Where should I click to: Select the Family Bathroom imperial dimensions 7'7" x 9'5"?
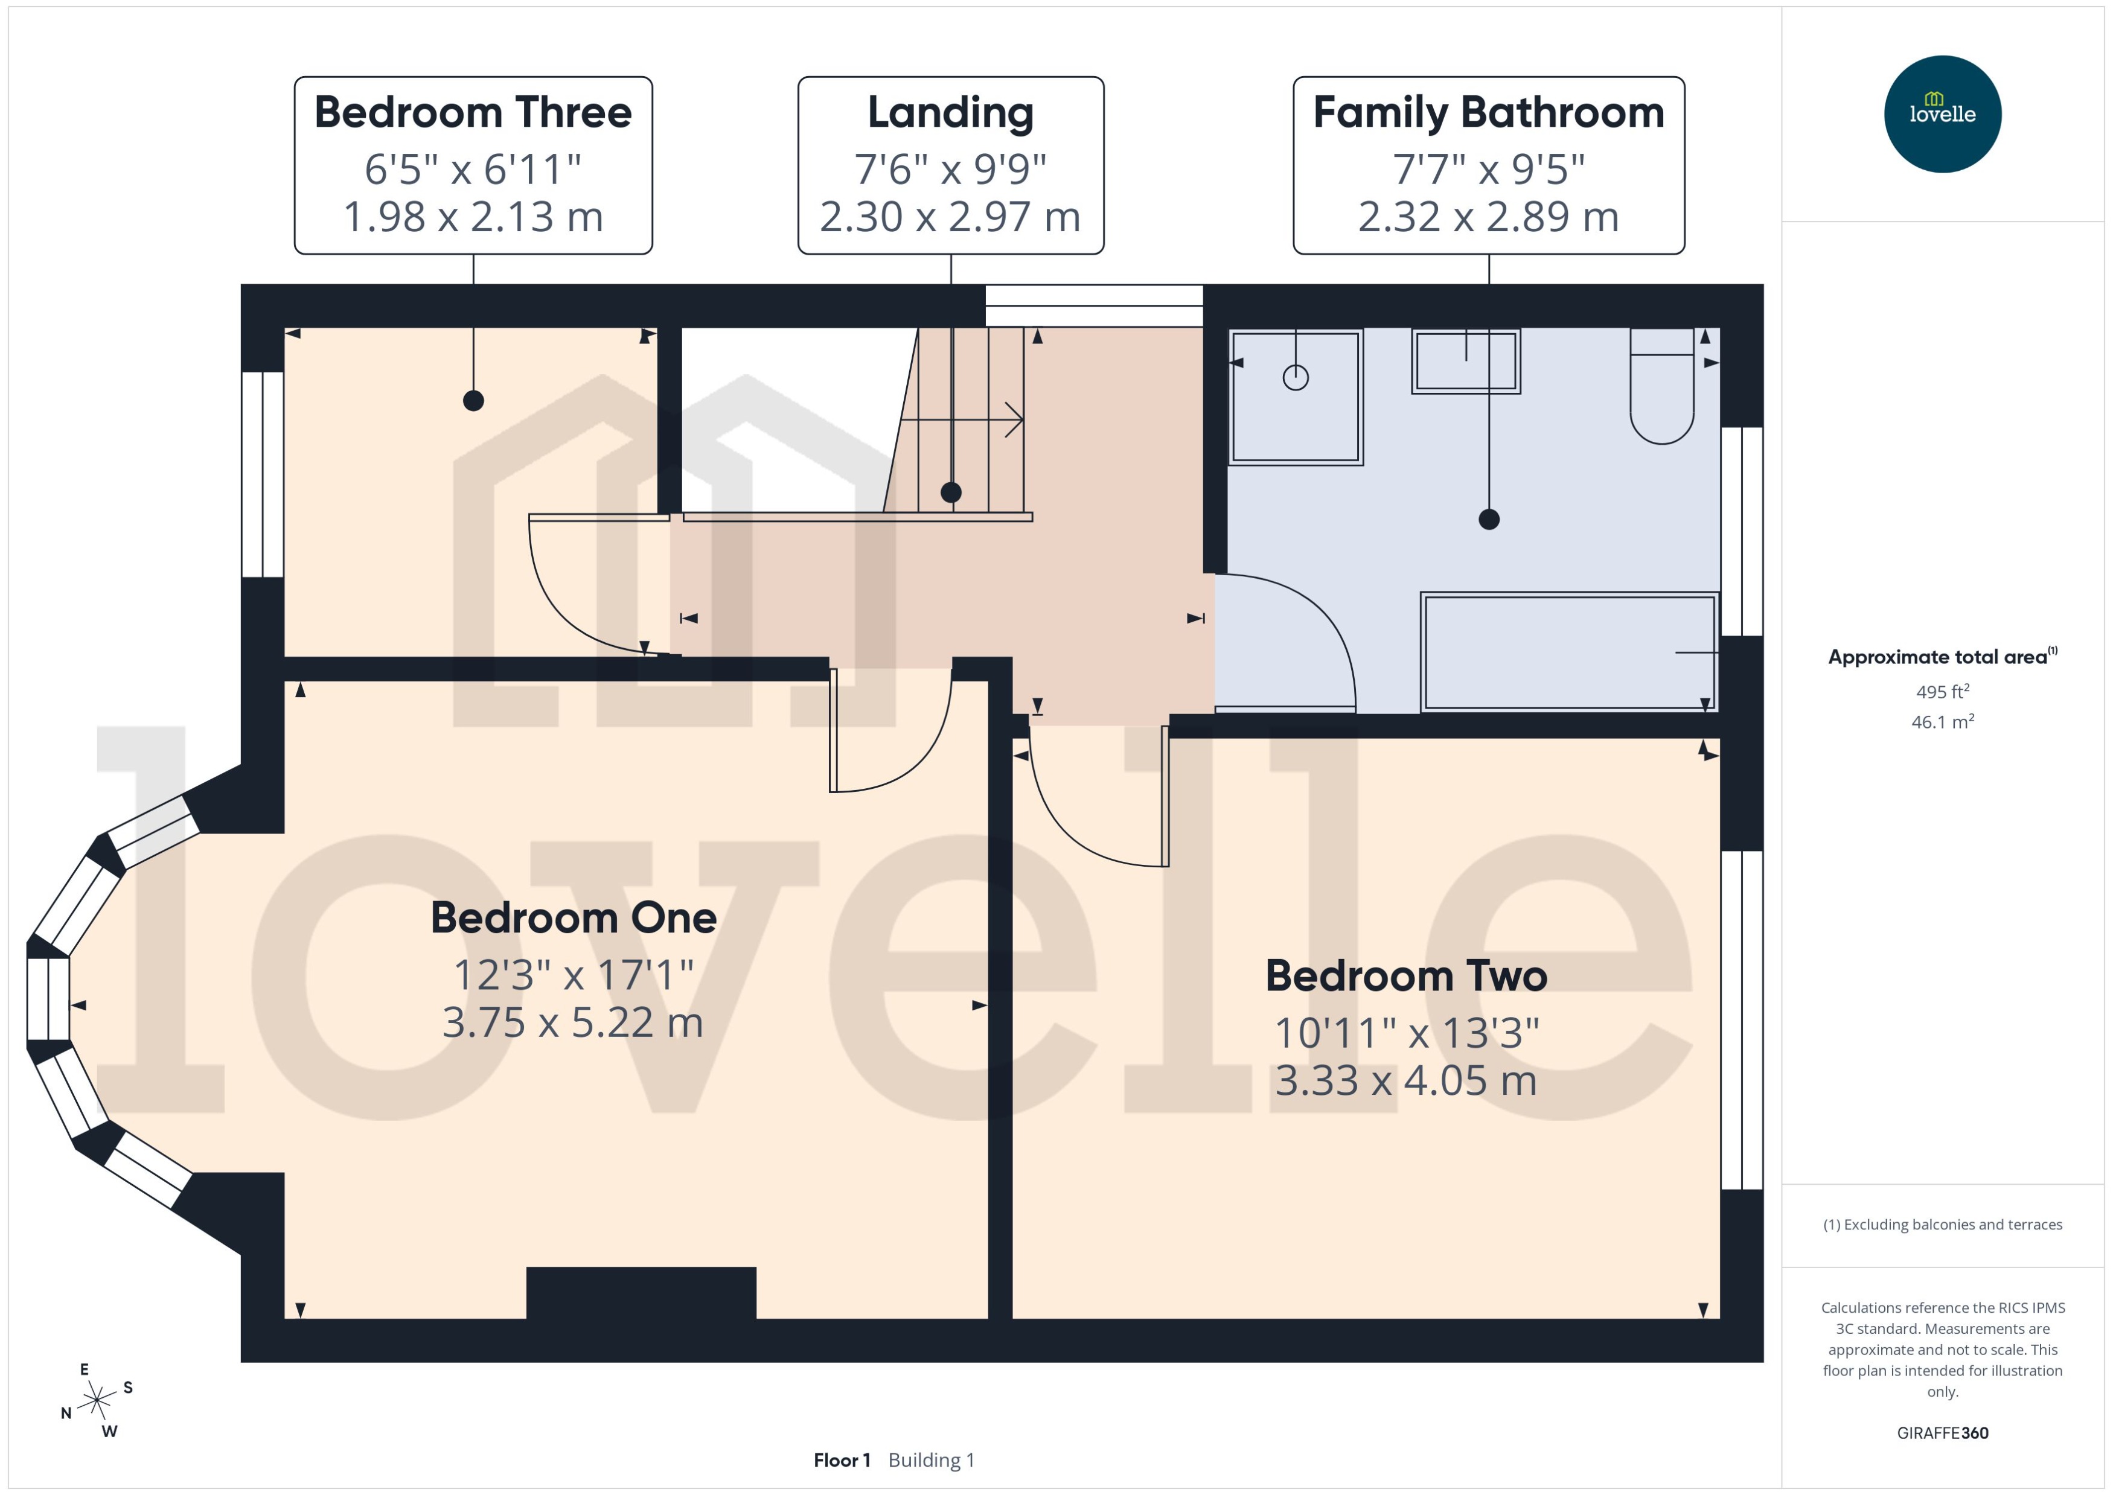click(1488, 170)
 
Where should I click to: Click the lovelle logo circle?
click(1942, 114)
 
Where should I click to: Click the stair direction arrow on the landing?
click(1013, 420)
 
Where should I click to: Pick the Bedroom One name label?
click(573, 918)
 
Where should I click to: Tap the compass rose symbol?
click(96, 1400)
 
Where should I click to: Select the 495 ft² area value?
click(1942, 691)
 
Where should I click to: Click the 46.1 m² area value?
click(1942, 722)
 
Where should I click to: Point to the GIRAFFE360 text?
click(1942, 1432)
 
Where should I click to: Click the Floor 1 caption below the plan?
click(840, 1460)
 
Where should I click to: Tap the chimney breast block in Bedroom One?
click(641, 1292)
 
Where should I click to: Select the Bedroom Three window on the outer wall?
click(263, 474)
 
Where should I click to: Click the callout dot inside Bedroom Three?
click(473, 400)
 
